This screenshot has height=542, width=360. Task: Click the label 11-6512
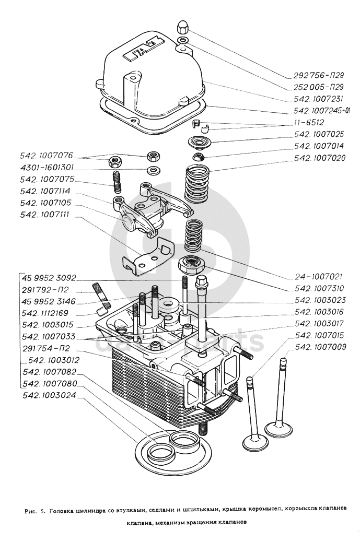pos(309,123)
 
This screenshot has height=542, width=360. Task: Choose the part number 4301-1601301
pos(47,168)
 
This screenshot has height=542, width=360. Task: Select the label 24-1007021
pos(318,276)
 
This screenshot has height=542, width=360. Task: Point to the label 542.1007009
pos(320,346)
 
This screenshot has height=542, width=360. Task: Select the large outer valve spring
pos(198,183)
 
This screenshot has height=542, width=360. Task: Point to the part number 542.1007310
pos(318,288)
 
